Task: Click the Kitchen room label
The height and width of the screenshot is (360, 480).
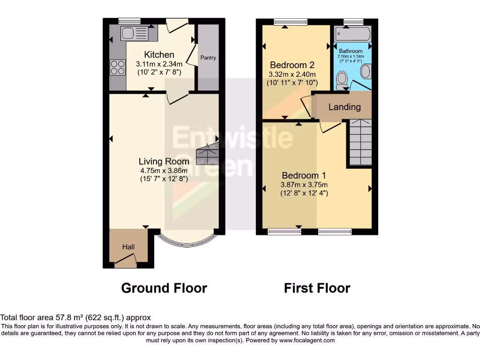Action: pos(159,55)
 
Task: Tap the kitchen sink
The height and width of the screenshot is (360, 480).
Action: pos(134,33)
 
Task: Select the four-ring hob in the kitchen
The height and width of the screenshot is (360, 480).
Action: pos(118,67)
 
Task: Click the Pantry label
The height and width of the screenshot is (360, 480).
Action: pos(208,58)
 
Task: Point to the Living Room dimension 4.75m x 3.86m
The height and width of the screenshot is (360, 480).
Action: pos(164,170)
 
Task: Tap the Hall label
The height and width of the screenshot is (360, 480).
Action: pos(128,247)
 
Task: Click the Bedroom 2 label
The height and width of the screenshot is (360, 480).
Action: pos(291,65)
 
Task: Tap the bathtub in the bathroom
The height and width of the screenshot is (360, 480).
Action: pos(353,34)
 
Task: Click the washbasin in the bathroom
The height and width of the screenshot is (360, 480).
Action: pos(365,72)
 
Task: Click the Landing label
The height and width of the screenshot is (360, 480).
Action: pos(345,107)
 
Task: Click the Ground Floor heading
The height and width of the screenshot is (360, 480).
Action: pos(164,288)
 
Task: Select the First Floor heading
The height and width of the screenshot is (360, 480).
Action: pos(317,288)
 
